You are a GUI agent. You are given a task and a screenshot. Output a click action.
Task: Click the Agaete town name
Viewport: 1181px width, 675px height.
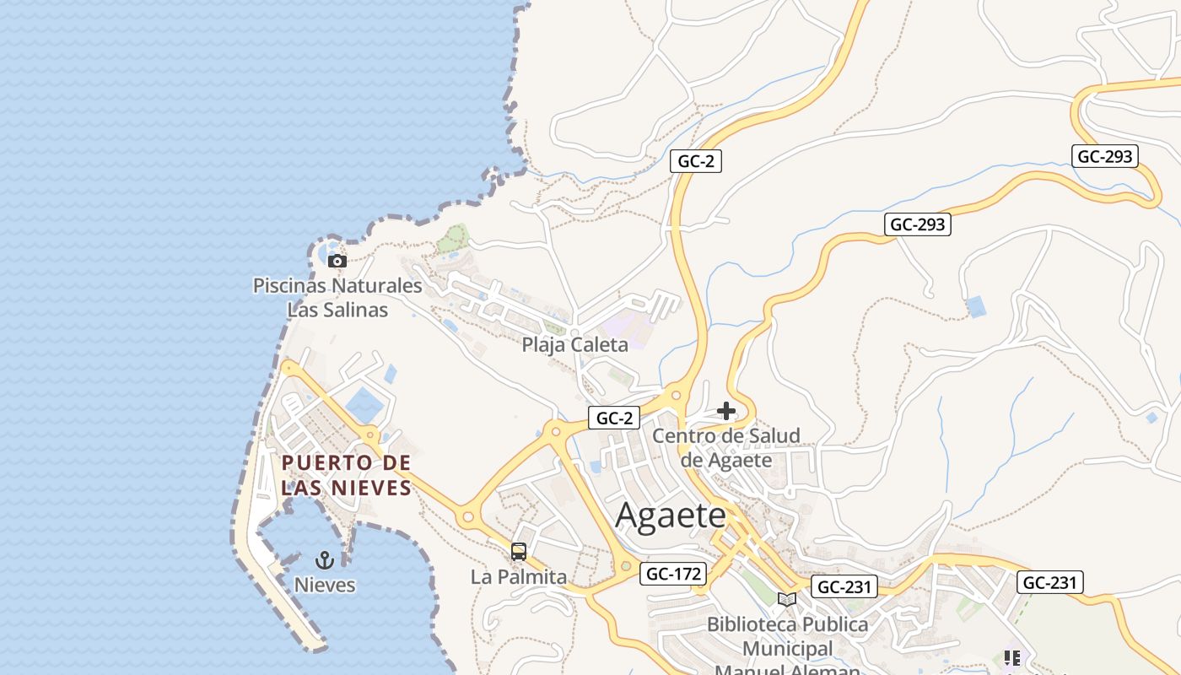(670, 515)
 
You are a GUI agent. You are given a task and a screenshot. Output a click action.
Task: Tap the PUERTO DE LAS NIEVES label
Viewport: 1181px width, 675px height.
(346, 475)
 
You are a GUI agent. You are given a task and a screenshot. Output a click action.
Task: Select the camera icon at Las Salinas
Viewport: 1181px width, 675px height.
(337, 261)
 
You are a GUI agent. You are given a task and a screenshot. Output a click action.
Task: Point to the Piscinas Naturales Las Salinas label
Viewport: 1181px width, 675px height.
(337, 297)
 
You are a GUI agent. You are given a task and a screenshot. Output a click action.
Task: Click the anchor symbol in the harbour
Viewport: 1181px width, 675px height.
(325, 559)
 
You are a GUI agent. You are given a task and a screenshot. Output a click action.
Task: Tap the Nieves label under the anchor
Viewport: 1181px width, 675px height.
(325, 585)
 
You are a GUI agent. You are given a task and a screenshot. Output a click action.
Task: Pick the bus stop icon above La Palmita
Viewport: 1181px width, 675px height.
(519, 552)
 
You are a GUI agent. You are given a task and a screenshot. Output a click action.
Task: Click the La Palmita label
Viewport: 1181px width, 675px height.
(519, 577)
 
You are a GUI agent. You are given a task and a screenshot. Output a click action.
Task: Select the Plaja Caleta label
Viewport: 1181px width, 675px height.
(574, 344)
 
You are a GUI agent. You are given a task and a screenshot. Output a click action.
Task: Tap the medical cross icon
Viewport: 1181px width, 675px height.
(725, 411)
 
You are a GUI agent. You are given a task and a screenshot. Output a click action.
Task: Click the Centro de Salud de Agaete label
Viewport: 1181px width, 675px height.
(726, 447)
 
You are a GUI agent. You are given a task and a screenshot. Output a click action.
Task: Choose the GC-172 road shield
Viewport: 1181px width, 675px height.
(673, 574)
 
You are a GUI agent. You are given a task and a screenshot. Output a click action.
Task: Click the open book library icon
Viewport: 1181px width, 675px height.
(787, 599)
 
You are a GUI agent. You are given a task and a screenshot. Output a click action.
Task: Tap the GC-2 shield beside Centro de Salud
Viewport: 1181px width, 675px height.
(613, 417)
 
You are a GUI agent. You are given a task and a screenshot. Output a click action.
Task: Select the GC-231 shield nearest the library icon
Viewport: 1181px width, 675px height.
(844, 586)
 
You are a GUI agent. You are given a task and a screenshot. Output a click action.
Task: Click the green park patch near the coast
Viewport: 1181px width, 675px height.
(453, 239)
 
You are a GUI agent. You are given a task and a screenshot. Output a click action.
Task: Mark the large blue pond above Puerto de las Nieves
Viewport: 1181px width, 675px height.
(364, 406)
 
